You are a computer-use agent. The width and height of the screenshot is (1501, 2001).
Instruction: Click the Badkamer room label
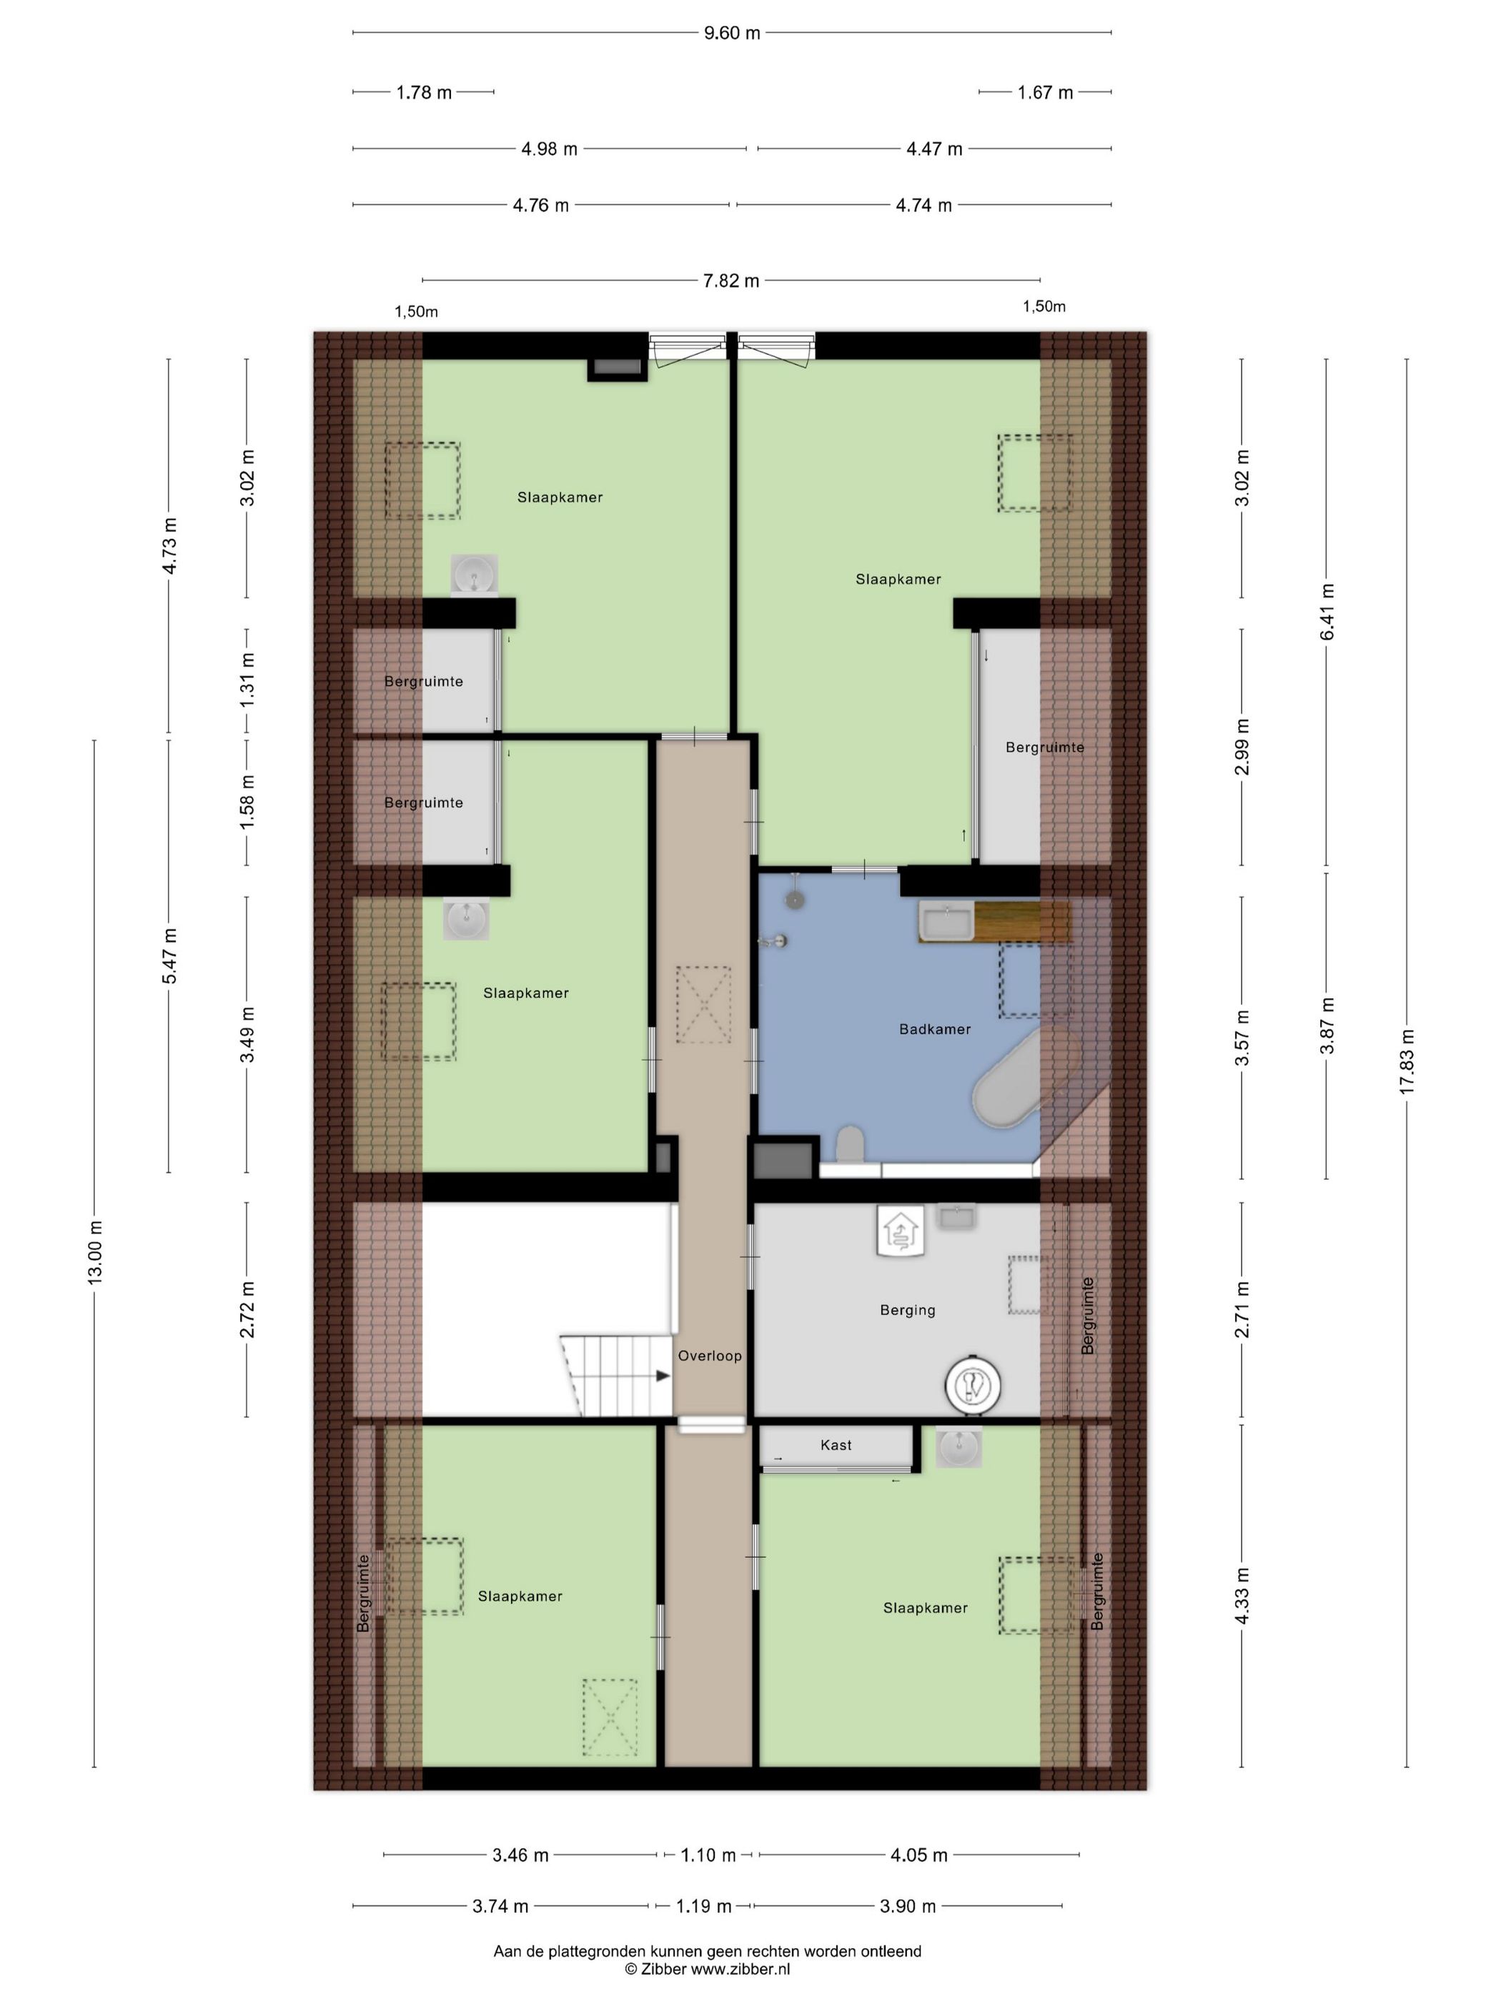(935, 1028)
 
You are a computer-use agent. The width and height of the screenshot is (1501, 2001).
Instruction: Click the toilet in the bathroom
(851, 1144)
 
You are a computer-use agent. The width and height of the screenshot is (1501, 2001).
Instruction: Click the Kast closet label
(836, 1445)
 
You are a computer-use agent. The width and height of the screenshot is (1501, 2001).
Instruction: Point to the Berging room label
(908, 1310)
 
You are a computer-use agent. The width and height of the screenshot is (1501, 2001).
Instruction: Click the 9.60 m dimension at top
(732, 34)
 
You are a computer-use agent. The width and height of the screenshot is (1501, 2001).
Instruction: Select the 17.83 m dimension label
(1407, 1062)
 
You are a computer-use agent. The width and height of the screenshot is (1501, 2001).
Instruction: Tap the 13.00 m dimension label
(95, 1252)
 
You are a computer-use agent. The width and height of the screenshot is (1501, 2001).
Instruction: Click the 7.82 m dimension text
(731, 280)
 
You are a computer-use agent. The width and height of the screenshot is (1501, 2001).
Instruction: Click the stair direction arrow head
(663, 1376)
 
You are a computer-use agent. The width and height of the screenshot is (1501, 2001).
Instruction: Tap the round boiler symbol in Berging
(973, 1385)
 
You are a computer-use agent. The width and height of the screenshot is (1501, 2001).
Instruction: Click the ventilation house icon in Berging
(899, 1231)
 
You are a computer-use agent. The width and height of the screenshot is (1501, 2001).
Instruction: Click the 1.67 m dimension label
(1045, 92)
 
